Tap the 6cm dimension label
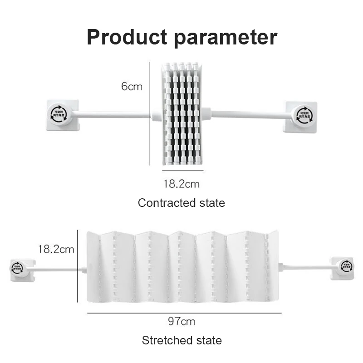pyautogui.click(x=132, y=86)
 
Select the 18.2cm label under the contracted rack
pyautogui.click(x=181, y=184)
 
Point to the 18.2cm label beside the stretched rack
pyautogui.click(x=56, y=249)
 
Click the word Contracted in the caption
pyautogui.click(x=161, y=203)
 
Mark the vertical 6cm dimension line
pyautogui.click(x=149, y=113)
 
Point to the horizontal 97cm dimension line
pyautogui.click(x=184, y=313)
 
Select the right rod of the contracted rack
pyautogui.click(x=247, y=114)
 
